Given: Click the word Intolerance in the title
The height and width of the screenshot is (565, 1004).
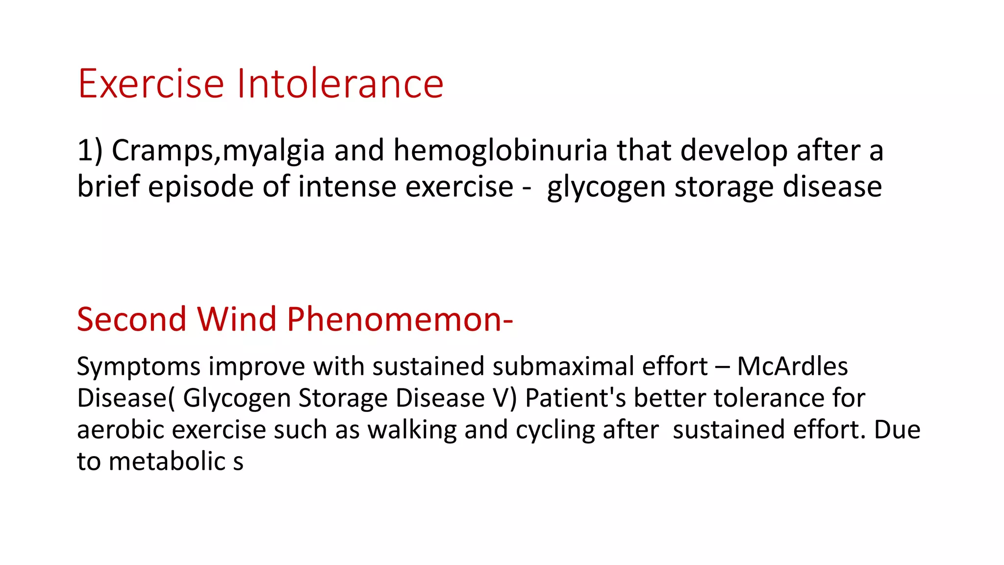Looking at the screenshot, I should point(340,84).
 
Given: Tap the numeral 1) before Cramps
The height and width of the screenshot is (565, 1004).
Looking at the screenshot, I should point(90,150).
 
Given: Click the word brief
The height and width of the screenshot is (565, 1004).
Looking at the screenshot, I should point(108,186).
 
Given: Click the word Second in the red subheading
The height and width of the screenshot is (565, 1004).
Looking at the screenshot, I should point(131,319).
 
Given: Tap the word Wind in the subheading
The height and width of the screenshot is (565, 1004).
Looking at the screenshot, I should point(237,319).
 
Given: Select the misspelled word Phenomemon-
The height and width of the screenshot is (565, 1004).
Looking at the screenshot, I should point(400,319).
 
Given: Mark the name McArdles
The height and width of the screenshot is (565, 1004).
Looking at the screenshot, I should point(792,366).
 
